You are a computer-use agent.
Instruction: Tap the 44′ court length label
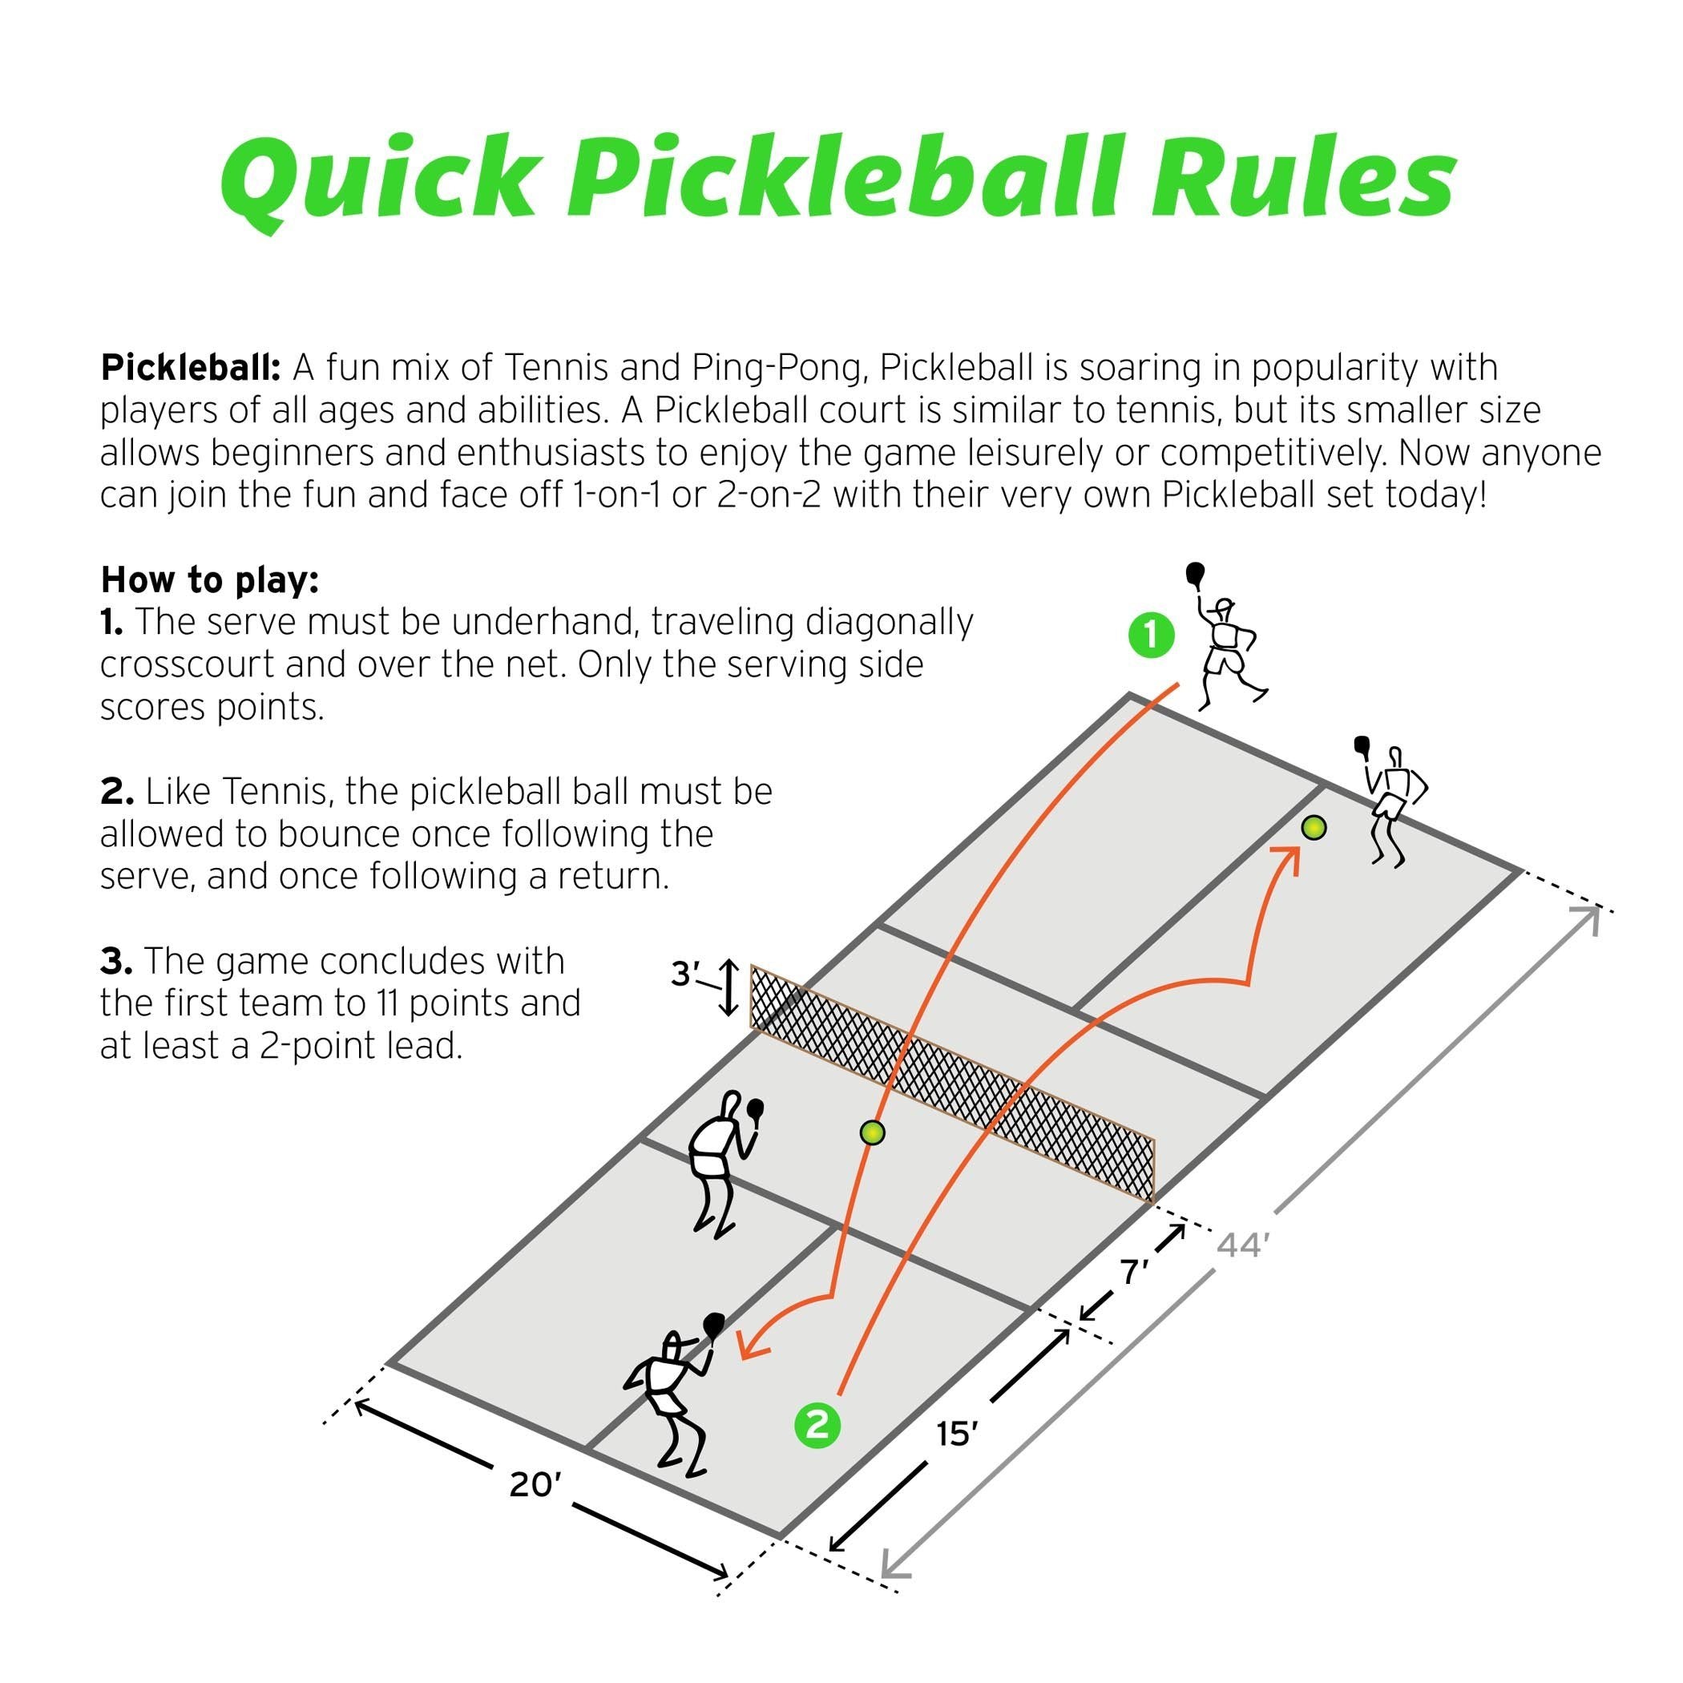point(1239,1246)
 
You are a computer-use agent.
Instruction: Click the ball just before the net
point(872,1132)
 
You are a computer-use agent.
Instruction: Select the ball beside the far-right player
point(1314,827)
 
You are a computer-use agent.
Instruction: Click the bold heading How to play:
point(210,579)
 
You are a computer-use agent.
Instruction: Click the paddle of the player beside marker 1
point(1195,575)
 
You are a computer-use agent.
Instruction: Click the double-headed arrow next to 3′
point(728,989)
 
